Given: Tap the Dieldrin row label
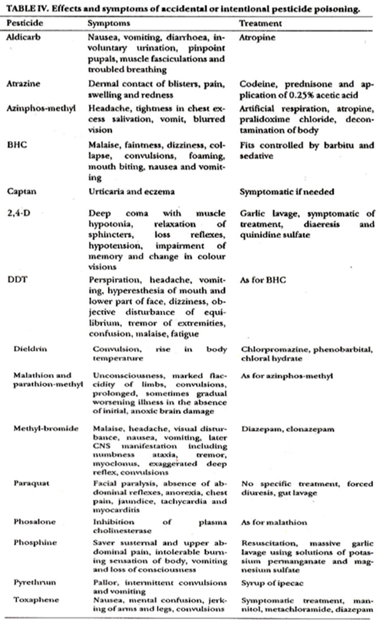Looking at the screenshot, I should [x=32, y=349].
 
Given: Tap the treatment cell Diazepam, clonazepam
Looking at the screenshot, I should [x=284, y=428].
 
